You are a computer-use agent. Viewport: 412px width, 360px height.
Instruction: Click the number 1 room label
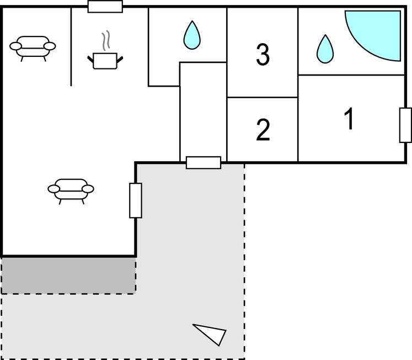tap(349, 119)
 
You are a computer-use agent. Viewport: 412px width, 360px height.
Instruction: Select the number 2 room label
tap(263, 130)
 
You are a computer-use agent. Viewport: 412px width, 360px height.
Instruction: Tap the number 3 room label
tap(263, 54)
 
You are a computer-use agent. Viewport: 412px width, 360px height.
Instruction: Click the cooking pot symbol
tap(105, 60)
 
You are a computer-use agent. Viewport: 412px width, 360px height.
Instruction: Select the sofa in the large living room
tap(71, 189)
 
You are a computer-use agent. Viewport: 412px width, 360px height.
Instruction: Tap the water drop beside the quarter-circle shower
tap(325, 49)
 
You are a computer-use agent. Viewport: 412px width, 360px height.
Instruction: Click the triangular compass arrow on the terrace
tap(211, 333)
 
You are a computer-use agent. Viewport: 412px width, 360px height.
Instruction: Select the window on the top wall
tap(105, 6)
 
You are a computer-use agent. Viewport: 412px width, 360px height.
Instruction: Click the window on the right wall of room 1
tap(405, 125)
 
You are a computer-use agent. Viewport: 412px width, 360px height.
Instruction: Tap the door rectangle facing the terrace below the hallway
tap(204, 162)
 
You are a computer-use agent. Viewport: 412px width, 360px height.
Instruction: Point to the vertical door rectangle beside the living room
tap(136, 200)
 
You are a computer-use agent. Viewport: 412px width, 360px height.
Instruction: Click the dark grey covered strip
tap(68, 275)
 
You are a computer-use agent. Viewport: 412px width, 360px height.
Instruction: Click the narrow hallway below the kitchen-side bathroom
tap(203, 110)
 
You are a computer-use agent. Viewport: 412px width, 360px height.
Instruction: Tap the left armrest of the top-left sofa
tap(17, 46)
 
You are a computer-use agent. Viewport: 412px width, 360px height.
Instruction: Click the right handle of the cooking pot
tap(120, 57)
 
